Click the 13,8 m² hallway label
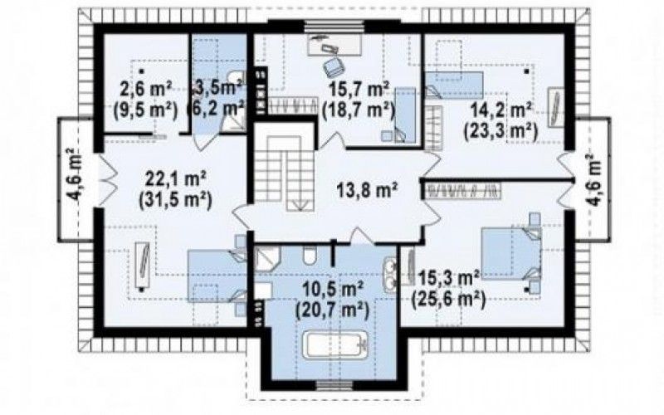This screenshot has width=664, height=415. [x=367, y=189]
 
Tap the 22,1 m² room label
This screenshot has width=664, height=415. [x=175, y=178]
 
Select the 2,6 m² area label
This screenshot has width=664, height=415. [x=144, y=90]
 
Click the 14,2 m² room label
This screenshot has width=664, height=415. [x=501, y=111]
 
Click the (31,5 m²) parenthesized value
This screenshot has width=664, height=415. [x=175, y=199]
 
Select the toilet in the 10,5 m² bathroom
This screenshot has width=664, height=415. [x=309, y=255]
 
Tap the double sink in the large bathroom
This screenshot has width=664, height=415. [x=389, y=272]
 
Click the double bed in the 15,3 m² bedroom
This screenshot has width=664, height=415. [x=511, y=253]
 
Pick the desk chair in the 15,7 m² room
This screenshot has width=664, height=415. [x=334, y=66]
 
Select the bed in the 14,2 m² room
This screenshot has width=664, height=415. [x=454, y=85]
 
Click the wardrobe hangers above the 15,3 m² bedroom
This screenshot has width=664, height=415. [x=464, y=191]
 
